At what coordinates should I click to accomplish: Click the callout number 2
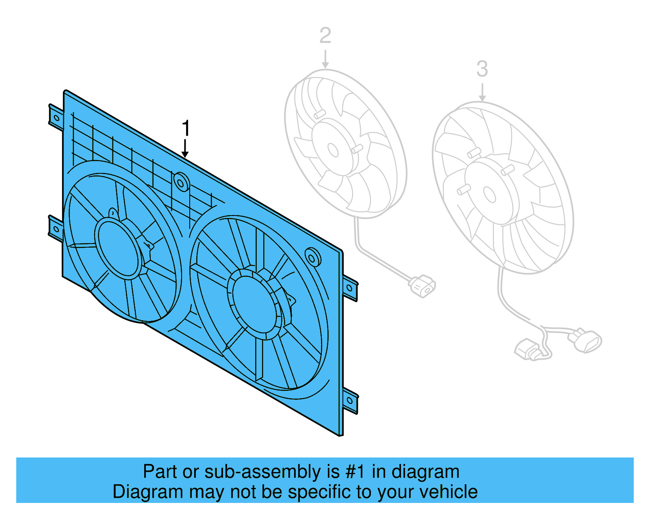pos(325,36)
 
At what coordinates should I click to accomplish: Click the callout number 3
pos(482,69)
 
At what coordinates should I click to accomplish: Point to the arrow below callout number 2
pos(325,59)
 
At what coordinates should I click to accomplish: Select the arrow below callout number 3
pos(482,93)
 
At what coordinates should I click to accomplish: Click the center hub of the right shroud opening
pos(254,302)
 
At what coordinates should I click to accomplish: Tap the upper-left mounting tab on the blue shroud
pos(56,118)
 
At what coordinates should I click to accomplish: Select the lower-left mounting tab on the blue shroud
pos(56,229)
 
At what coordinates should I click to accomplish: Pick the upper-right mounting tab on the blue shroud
pos(350,288)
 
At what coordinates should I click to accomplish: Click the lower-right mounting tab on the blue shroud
pos(350,400)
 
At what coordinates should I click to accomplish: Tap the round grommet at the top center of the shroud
pos(181,182)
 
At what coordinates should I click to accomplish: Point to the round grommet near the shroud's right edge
pos(313,257)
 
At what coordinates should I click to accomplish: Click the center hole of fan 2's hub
pos(333,150)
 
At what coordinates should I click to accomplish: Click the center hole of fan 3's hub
pos(490,194)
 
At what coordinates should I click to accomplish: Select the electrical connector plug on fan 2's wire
pos(422,285)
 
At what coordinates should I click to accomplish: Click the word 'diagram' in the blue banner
pos(425,472)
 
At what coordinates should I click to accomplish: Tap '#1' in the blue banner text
pos(355,472)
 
